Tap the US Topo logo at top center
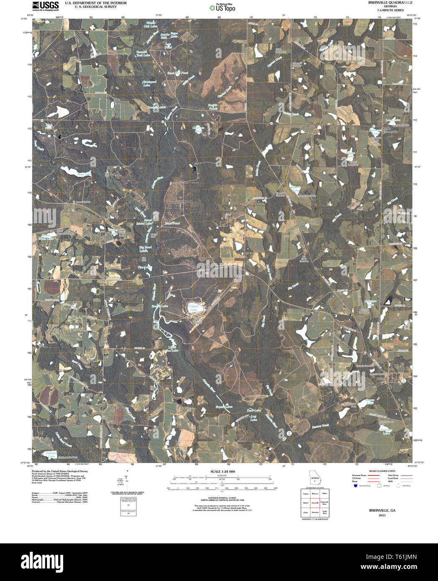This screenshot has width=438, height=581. [x=222, y=7]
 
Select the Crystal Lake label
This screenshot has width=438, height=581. [x=193, y=307]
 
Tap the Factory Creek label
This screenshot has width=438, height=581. [x=321, y=426]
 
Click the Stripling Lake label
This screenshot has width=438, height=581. [x=386, y=431]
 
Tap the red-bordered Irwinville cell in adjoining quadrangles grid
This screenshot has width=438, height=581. [x=315, y=502]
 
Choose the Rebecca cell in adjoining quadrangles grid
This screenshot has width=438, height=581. [x=315, y=493]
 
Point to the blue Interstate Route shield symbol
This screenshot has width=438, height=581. [x=355, y=486]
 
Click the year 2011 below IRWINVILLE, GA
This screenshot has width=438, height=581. [x=382, y=515]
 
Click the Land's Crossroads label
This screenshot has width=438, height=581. [x=390, y=130]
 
